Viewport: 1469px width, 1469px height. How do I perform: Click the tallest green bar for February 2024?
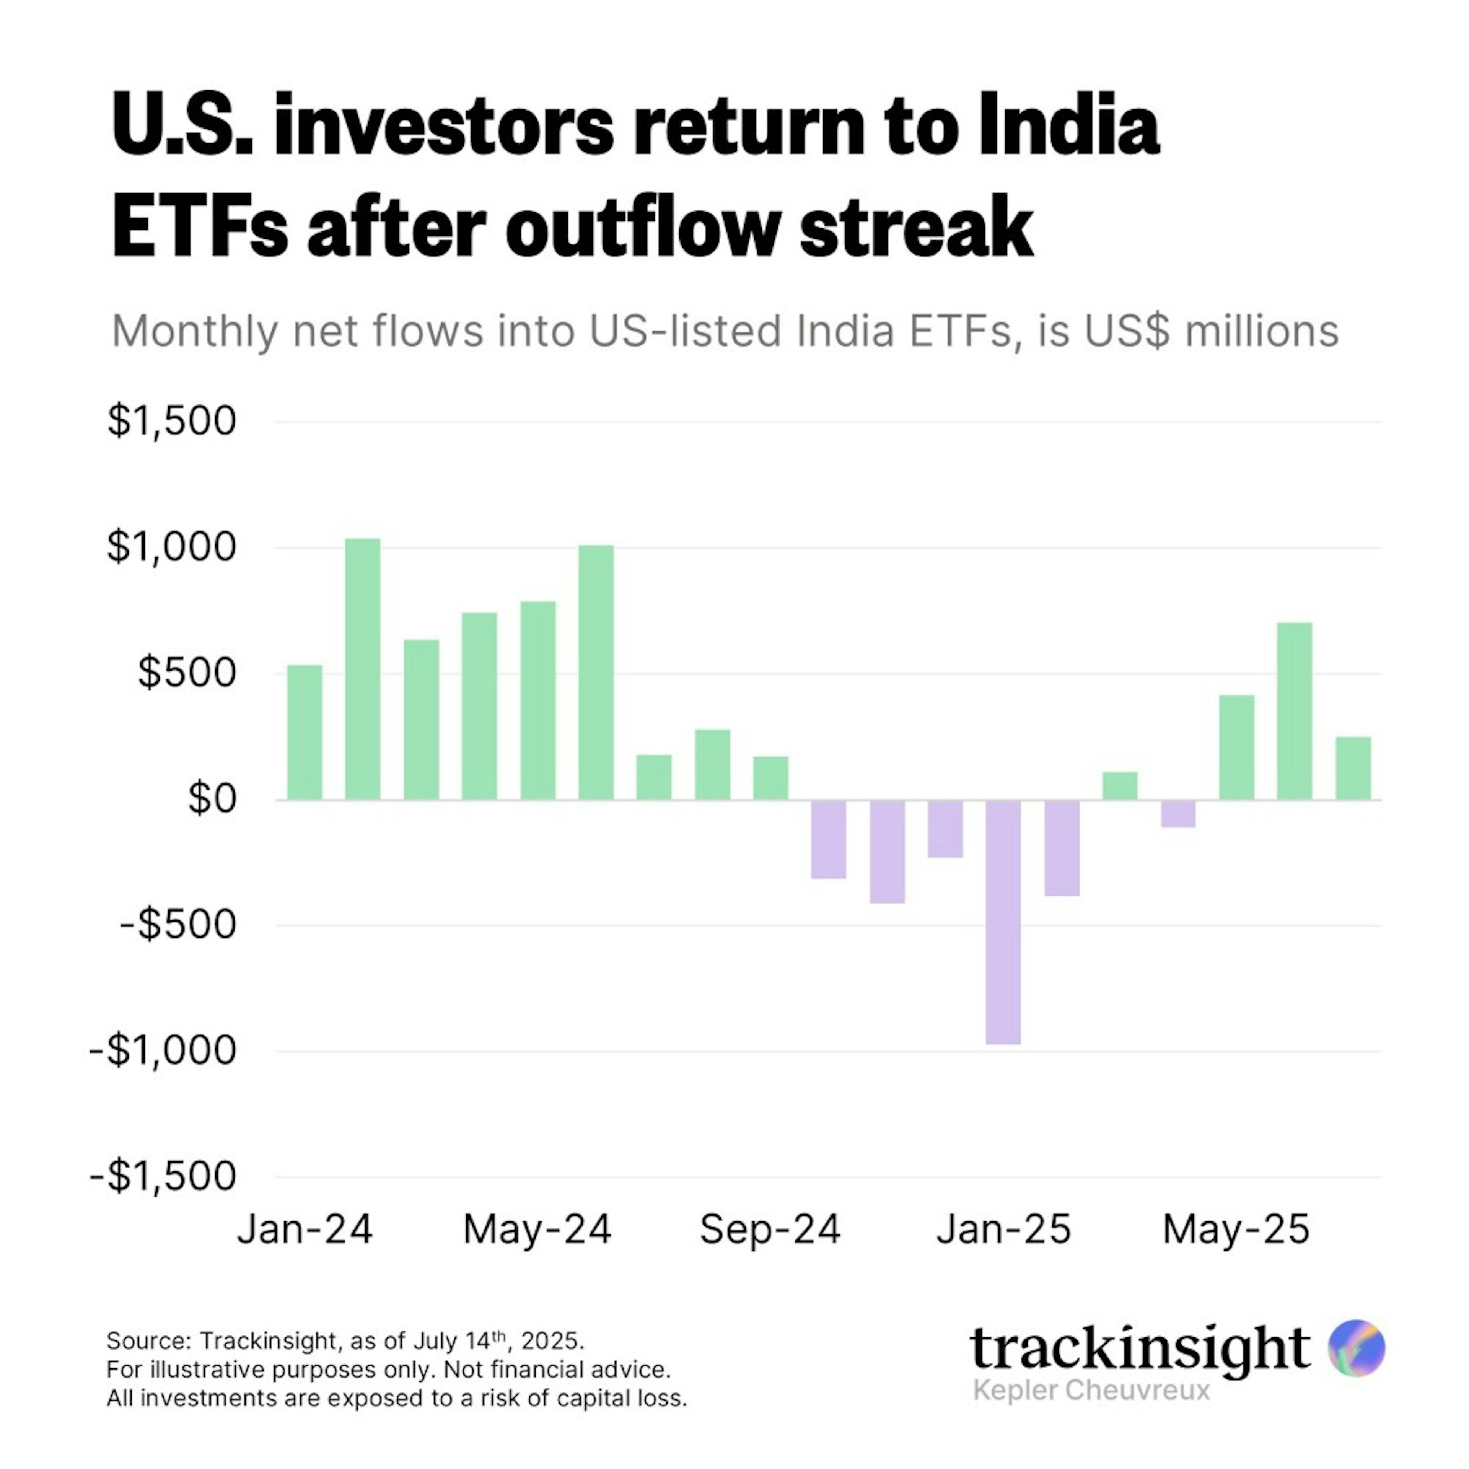coord(363,669)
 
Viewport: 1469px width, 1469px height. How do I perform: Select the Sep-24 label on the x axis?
coord(769,1230)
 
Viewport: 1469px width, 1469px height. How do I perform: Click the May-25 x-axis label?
coord(1236,1230)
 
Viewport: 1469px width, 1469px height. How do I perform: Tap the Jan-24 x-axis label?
coord(305,1230)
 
